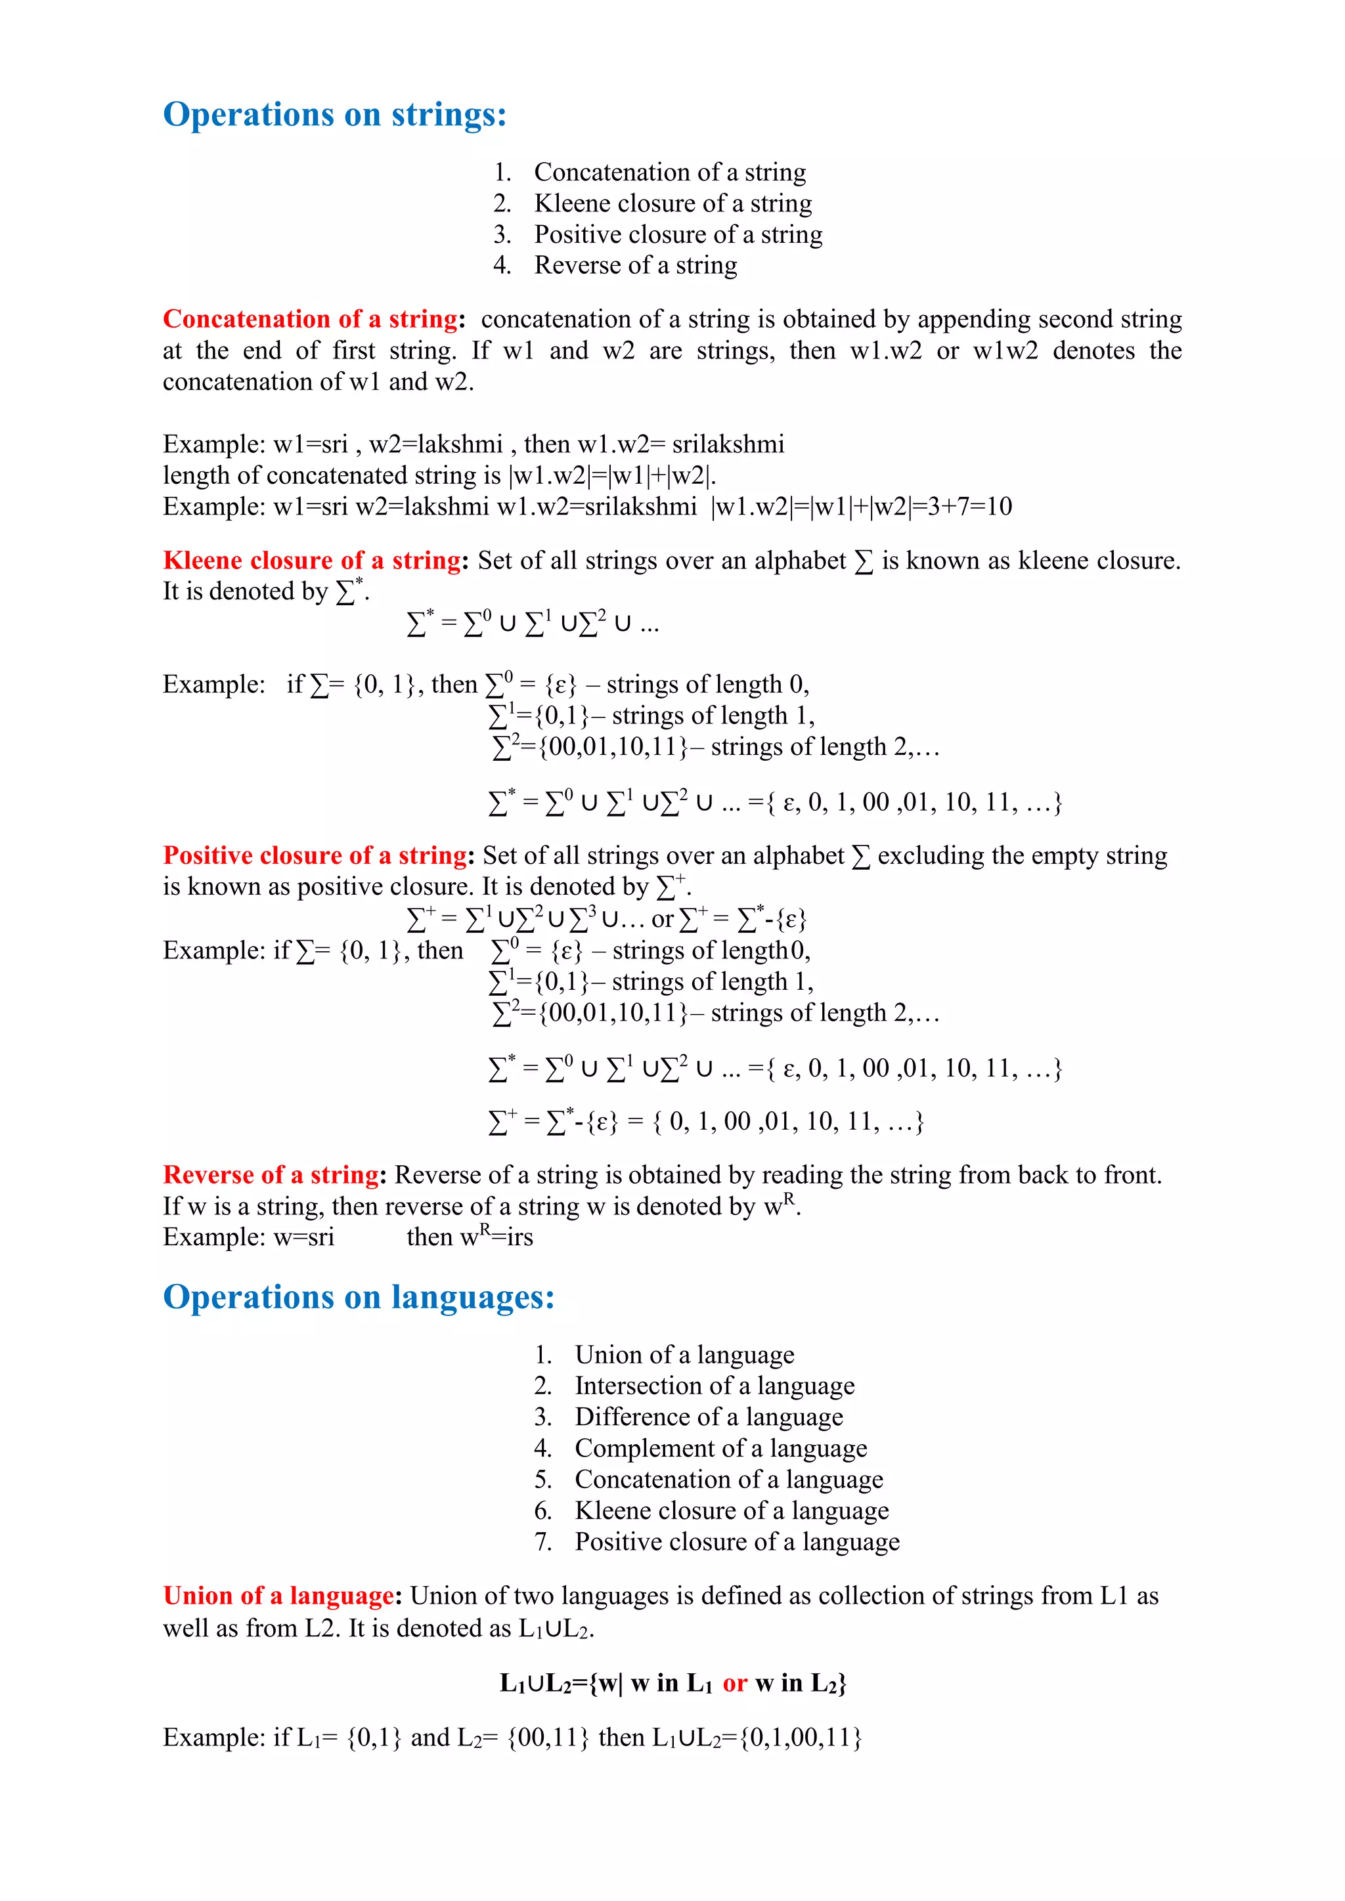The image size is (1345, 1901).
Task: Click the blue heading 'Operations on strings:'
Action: point(334,114)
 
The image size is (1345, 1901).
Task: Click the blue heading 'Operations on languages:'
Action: point(359,1296)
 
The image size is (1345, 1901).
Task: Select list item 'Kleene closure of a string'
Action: point(672,203)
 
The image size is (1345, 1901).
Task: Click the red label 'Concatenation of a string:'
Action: point(313,320)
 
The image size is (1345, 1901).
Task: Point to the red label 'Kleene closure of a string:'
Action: point(315,561)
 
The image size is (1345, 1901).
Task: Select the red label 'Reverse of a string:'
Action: point(274,1175)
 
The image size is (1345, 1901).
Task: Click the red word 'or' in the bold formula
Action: point(735,1682)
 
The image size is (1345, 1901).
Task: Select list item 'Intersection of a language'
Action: point(714,1386)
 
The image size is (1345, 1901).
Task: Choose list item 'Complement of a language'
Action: point(720,1448)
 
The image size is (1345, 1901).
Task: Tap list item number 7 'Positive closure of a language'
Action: point(736,1542)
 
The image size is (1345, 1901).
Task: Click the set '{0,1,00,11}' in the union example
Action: point(800,1737)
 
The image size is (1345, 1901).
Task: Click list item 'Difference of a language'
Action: point(708,1417)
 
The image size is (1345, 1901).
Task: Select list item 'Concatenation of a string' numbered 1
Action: point(669,172)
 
